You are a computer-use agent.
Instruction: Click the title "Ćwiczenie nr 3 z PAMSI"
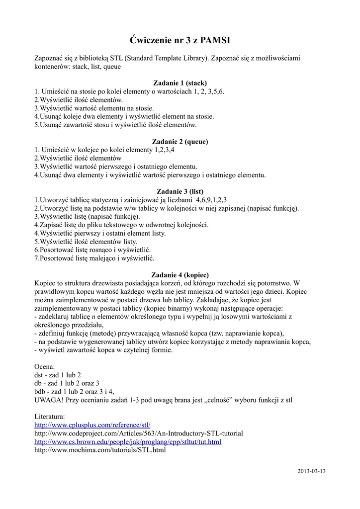180,40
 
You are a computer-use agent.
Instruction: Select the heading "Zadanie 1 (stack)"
180,83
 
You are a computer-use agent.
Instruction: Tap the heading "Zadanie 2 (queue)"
180,141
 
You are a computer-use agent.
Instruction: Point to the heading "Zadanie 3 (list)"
180,191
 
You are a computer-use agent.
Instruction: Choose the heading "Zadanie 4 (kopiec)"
180,274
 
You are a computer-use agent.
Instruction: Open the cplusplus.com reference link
92,425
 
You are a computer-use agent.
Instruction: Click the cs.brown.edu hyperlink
128,441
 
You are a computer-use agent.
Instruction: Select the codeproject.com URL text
138,433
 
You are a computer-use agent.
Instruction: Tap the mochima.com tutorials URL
99,450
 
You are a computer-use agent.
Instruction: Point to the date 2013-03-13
311,470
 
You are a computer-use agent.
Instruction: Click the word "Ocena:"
45,366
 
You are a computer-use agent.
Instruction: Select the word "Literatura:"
50,417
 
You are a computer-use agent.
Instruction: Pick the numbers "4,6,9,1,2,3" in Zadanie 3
211,199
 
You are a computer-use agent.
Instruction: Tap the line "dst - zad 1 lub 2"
58,375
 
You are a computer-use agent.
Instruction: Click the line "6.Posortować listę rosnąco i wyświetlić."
92,250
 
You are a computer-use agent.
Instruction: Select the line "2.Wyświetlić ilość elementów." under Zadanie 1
78,99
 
